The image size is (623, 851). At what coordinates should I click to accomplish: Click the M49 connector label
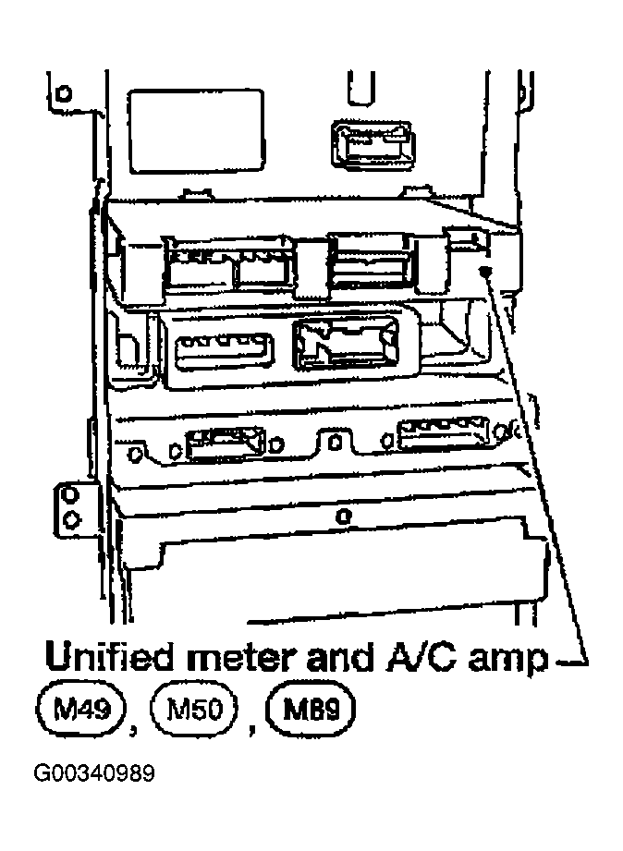[81, 710]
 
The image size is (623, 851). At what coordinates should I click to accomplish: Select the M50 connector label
[194, 710]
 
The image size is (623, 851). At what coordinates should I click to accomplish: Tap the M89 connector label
[311, 710]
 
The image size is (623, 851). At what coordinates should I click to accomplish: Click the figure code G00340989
[94, 773]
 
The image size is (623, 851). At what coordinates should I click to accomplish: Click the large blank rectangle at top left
[197, 131]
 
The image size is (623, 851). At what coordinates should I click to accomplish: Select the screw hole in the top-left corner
[64, 93]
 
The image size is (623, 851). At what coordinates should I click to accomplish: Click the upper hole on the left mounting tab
[70, 495]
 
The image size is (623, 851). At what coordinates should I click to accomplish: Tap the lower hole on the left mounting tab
[70, 520]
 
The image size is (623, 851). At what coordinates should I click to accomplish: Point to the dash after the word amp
[571, 661]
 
